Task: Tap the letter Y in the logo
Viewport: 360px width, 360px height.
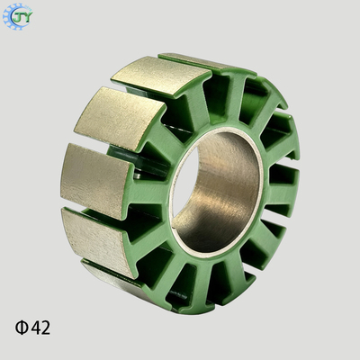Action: (x=25, y=17)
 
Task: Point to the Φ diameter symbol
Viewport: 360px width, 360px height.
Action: (x=22, y=328)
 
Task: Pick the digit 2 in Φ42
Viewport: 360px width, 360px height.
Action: (x=46, y=328)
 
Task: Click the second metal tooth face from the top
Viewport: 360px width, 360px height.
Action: (x=161, y=76)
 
